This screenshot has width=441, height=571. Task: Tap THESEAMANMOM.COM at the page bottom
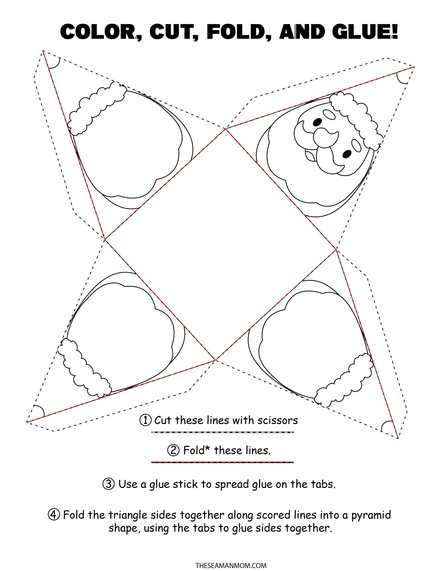point(231,564)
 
